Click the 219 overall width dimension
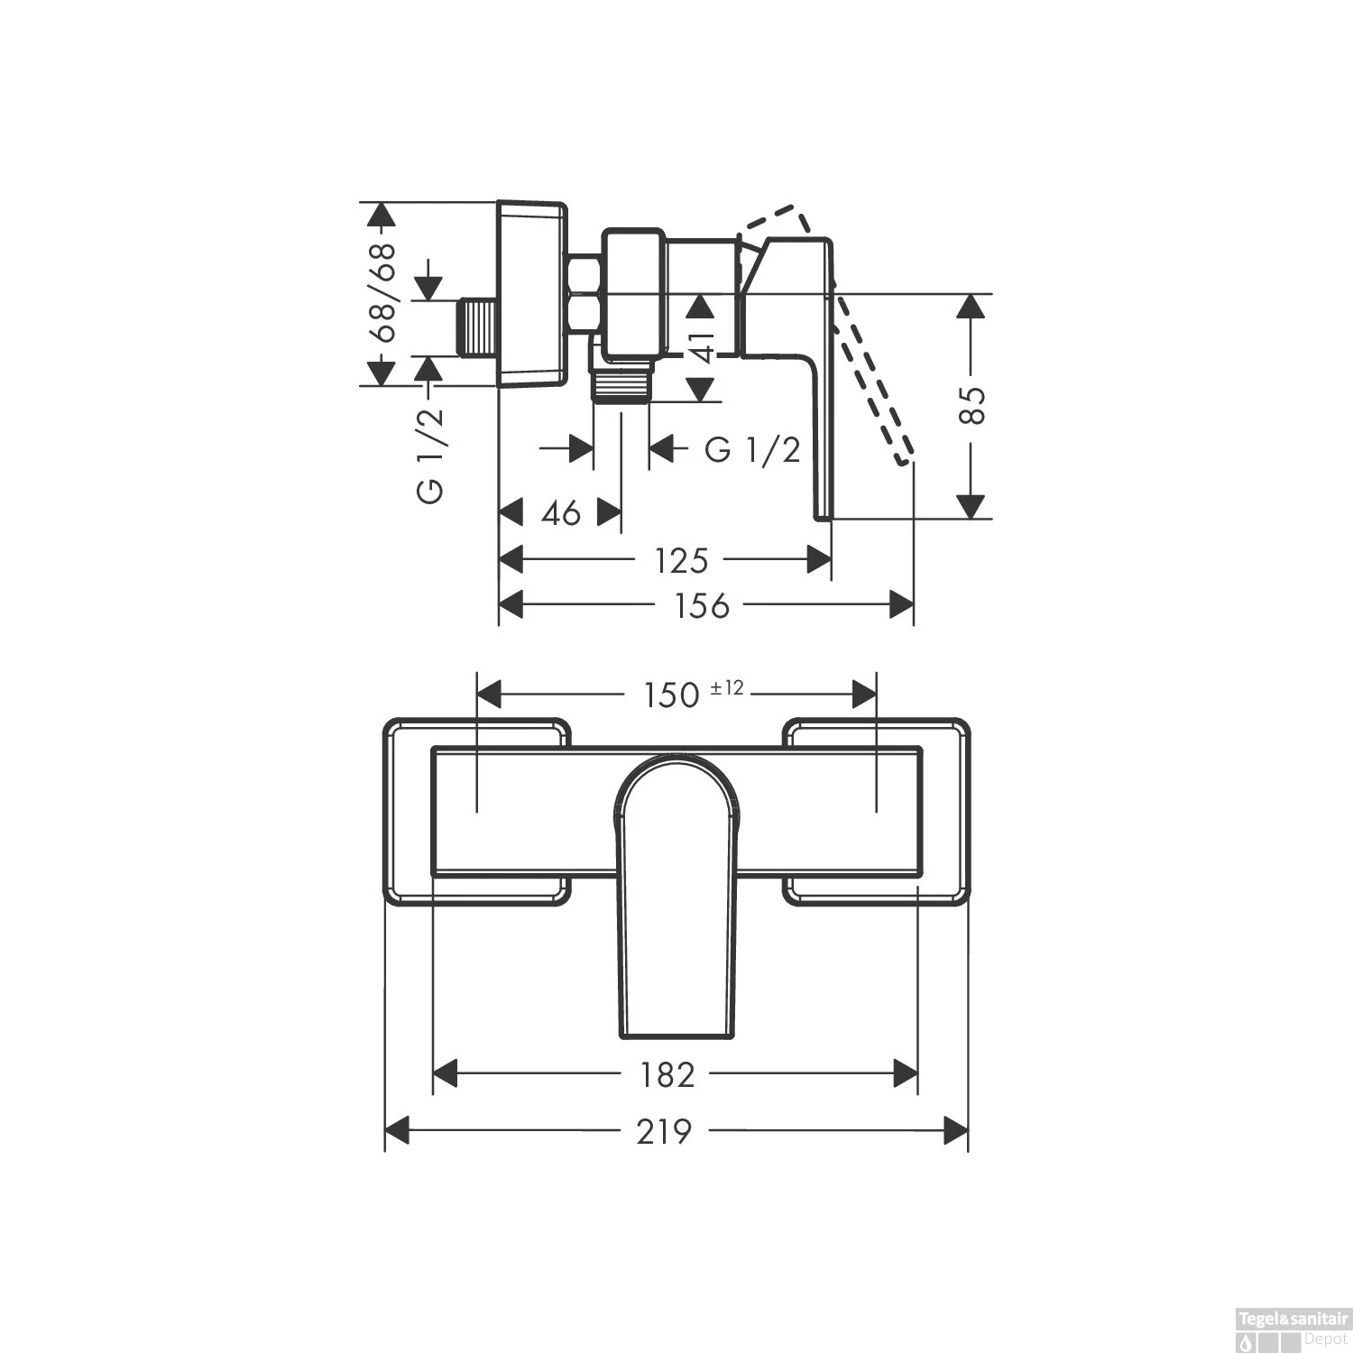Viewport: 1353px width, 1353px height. click(x=664, y=1131)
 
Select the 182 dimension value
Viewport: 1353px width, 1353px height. click(x=667, y=1074)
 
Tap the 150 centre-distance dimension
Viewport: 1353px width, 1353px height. click(x=672, y=695)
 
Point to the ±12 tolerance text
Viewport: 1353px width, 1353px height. click(x=727, y=688)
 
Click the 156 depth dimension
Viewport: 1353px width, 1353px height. click(x=702, y=605)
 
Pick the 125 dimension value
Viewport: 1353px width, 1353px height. click(x=681, y=561)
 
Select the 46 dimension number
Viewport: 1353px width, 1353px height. click(x=561, y=513)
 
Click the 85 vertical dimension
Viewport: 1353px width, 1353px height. click(x=971, y=406)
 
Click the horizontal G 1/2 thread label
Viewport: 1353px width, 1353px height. click(x=752, y=449)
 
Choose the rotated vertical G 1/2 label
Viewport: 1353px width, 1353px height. click(x=430, y=455)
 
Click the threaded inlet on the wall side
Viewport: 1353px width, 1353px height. click(x=477, y=328)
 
